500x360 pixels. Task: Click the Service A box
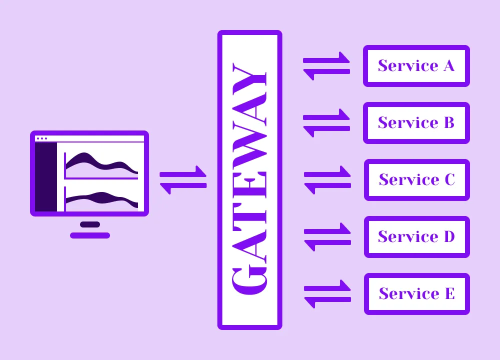click(x=416, y=65)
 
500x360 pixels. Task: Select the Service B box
click(x=416, y=122)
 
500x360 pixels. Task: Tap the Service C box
click(x=416, y=179)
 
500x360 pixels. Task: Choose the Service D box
click(x=416, y=236)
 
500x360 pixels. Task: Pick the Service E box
click(x=416, y=293)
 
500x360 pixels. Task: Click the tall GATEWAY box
click(x=249, y=180)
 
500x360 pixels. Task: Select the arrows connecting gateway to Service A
click(x=326, y=66)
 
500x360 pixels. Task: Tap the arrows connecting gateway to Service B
click(x=326, y=123)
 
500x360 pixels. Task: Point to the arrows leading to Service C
click(x=327, y=180)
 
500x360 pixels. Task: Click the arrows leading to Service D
click(x=327, y=237)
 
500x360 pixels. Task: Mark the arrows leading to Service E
click(x=327, y=294)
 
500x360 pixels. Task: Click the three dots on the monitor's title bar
click(x=42, y=138)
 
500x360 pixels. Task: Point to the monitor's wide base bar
click(x=90, y=235)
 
